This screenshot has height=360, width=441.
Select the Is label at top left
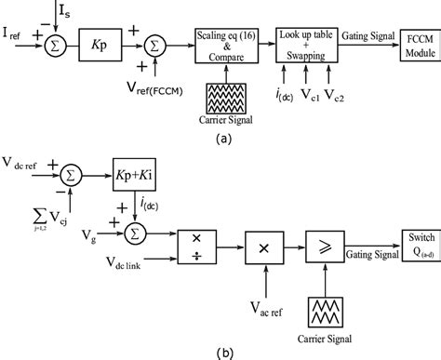(36, 9)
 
